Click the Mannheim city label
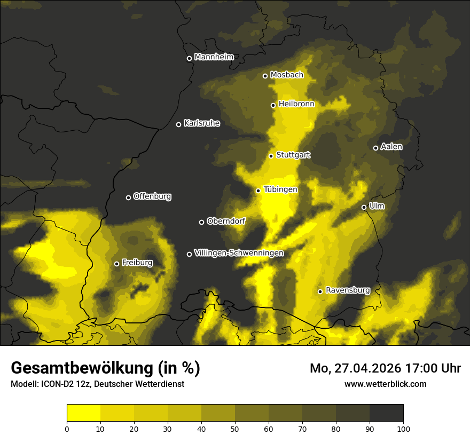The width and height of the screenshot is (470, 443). click(214, 57)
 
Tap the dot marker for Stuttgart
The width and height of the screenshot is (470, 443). click(271, 156)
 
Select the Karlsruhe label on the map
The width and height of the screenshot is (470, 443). click(201, 123)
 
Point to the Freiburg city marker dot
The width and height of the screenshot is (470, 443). click(116, 264)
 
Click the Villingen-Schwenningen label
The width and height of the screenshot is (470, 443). click(239, 253)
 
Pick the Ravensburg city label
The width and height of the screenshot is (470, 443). click(347, 290)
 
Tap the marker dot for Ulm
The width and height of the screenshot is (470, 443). click(364, 207)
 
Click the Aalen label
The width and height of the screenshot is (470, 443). click(391, 147)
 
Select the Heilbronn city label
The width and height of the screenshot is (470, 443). click(296, 104)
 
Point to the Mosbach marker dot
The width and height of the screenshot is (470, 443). click(265, 76)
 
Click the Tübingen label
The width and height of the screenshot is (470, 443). click(280, 189)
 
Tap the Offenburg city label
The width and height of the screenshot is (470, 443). click(152, 196)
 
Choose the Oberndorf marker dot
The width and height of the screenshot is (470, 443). click(201, 222)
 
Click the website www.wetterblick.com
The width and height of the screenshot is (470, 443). click(385, 384)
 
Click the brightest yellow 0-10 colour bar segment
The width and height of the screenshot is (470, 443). click(83, 413)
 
